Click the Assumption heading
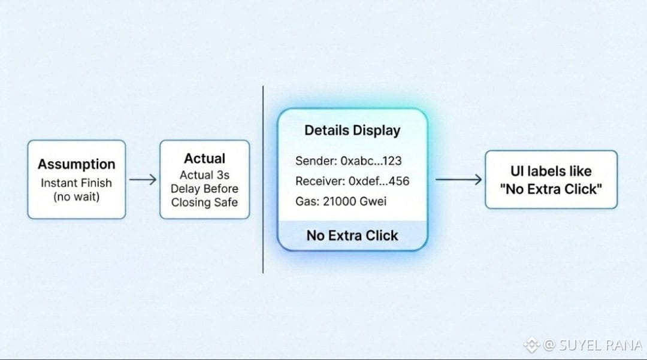click(76, 164)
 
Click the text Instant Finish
click(76, 183)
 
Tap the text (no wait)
click(76, 197)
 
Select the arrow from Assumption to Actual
click(143, 179)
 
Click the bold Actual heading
click(204, 159)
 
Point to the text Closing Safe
click(204, 202)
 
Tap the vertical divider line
click(263, 180)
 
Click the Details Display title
click(352, 131)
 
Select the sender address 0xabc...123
click(371, 161)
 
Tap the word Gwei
click(373, 201)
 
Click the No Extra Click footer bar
click(352, 235)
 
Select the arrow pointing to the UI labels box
click(458, 179)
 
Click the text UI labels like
click(551, 171)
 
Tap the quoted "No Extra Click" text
click(551, 189)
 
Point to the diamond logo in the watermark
click(531, 344)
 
